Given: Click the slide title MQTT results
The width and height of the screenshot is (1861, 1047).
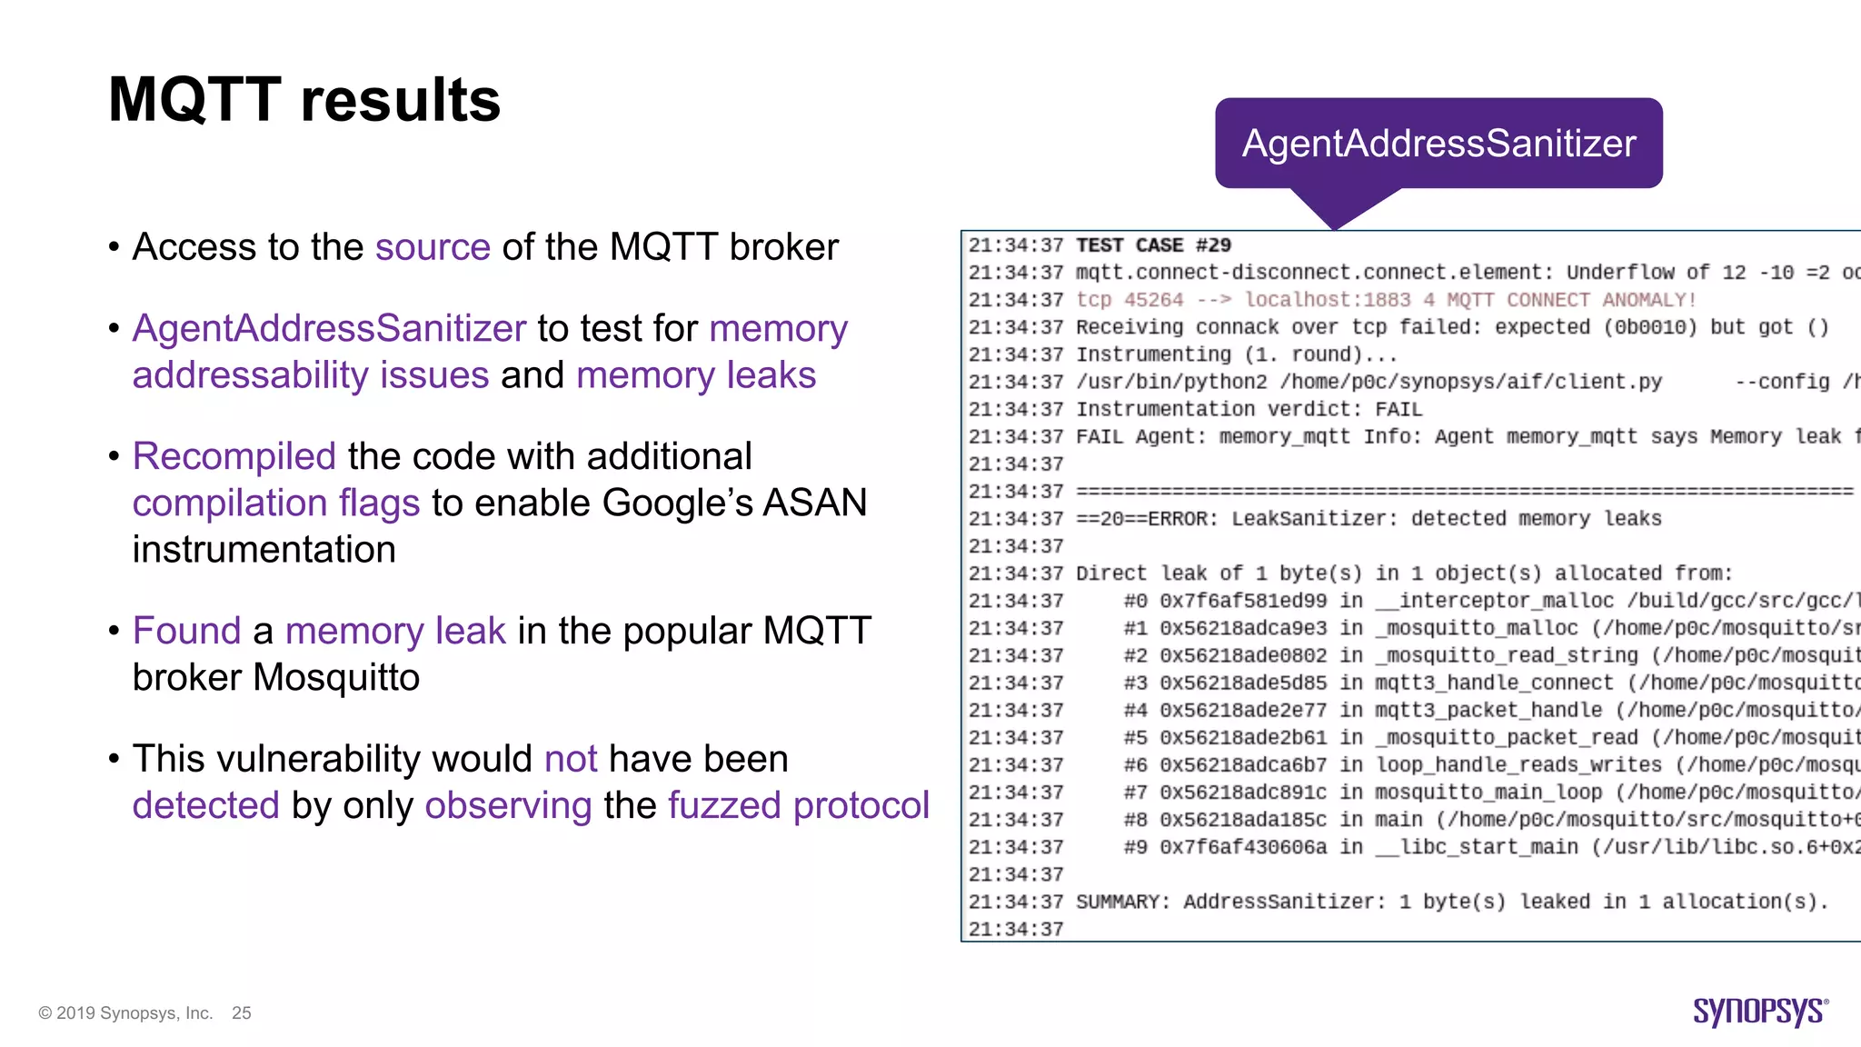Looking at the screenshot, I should click(x=304, y=100).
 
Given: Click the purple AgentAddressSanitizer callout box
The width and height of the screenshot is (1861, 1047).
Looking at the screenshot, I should click(x=1438, y=144).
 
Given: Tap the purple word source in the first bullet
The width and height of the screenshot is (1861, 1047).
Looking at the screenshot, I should click(x=433, y=247).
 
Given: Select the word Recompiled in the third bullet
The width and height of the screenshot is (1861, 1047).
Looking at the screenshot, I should click(x=234, y=456).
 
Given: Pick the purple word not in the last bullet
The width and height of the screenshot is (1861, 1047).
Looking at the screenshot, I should click(x=571, y=759).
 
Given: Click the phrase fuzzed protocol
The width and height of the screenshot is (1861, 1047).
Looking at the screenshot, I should click(x=799, y=805).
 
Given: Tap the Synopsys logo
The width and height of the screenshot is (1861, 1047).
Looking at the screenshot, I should click(x=1760, y=1012).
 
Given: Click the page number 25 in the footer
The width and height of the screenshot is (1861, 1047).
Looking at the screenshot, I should click(x=242, y=1013).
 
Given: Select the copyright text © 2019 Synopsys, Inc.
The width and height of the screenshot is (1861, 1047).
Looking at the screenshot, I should click(x=125, y=1013).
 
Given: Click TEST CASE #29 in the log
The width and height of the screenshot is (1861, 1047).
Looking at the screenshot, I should click(x=1153, y=245).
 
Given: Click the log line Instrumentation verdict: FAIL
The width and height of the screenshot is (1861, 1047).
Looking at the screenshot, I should click(x=1249, y=410).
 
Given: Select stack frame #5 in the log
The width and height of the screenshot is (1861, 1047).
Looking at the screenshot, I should click(x=1135, y=738).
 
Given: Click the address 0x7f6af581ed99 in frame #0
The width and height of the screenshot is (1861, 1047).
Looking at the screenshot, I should click(x=1242, y=601).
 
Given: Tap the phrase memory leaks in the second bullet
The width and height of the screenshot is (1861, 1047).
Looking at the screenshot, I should click(x=696, y=375).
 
